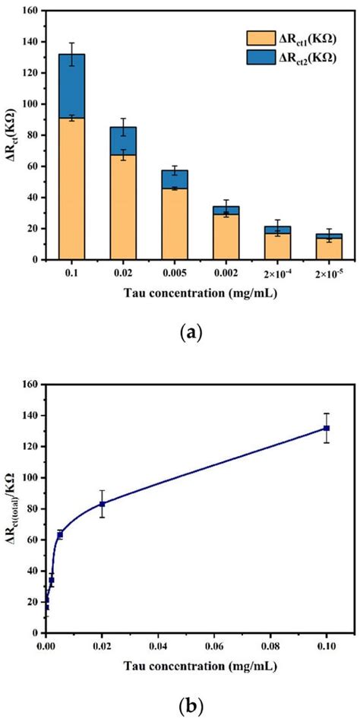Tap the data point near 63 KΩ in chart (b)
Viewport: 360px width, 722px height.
(60, 535)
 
